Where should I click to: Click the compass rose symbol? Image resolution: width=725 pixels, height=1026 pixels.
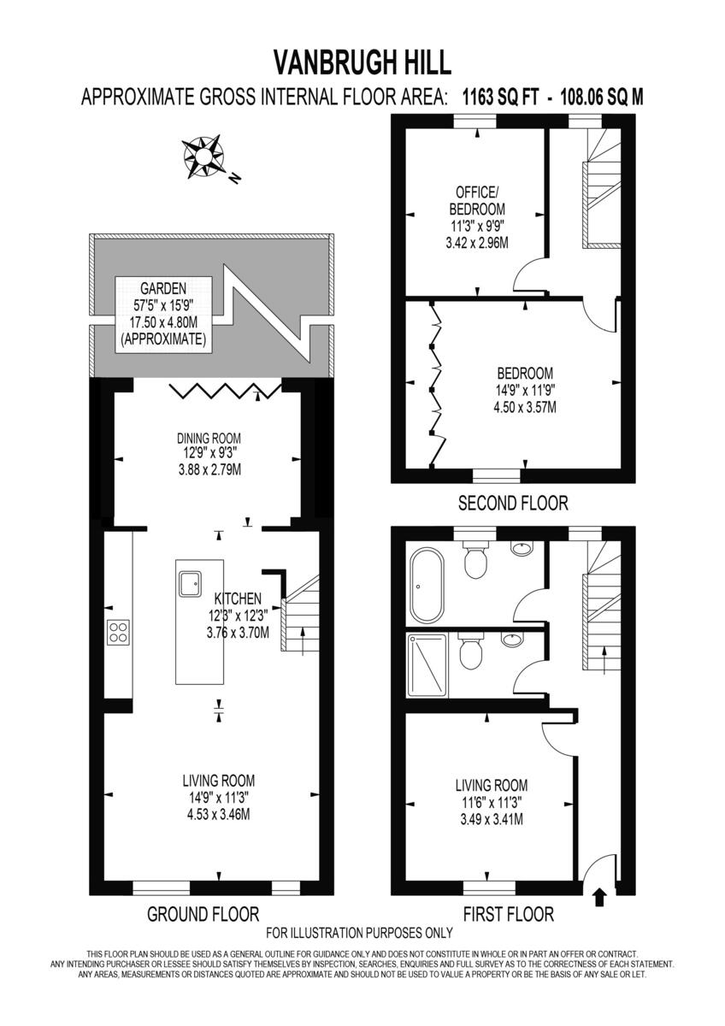pyautogui.click(x=205, y=157)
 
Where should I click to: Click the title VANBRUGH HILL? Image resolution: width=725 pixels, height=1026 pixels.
pyautogui.click(x=362, y=62)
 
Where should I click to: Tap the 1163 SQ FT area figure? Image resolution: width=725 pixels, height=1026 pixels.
pyautogui.click(x=501, y=97)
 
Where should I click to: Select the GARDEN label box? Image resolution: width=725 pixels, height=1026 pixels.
pyautogui.click(x=163, y=313)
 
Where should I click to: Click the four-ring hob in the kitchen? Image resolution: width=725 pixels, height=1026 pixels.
pyautogui.click(x=118, y=632)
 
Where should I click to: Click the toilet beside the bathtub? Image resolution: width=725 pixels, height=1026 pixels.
pyautogui.click(x=473, y=561)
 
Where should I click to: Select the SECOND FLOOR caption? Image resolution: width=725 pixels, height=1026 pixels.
pyautogui.click(x=513, y=503)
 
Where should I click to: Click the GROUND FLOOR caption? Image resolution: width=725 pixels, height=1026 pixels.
pyautogui.click(x=203, y=914)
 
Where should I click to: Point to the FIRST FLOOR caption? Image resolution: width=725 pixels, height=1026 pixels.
pyautogui.click(x=508, y=914)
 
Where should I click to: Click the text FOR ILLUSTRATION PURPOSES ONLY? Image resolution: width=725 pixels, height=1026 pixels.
pyautogui.click(x=359, y=933)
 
